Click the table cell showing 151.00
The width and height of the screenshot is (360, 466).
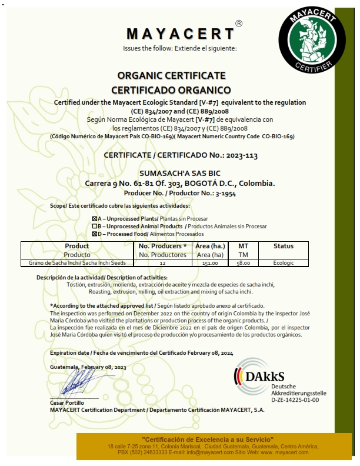[211, 263]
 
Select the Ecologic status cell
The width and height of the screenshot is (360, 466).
[283, 263]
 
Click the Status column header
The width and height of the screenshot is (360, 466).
[283, 246]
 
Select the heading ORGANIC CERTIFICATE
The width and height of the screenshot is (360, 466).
[171, 76]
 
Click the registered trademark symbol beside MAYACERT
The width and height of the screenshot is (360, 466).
[238, 24]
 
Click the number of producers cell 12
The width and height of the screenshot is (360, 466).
[162, 263]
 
